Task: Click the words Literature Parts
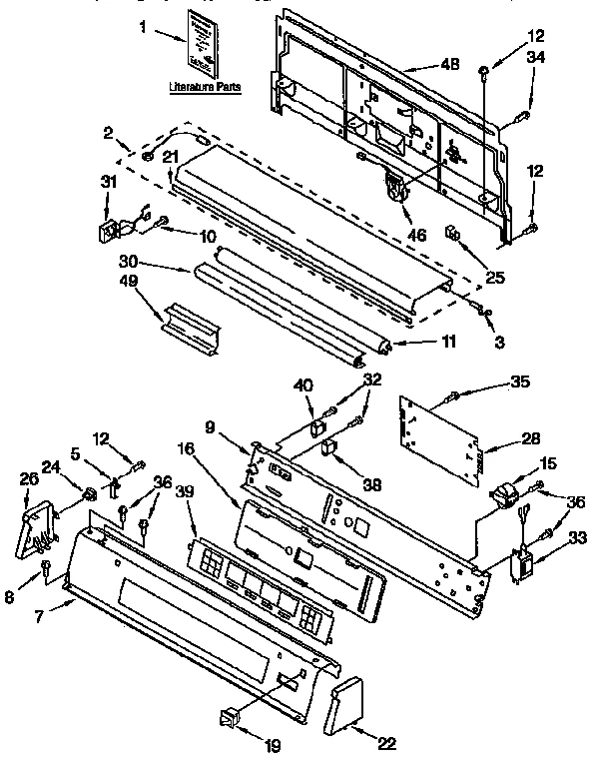point(204,87)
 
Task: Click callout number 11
point(448,342)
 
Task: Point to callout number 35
point(520,381)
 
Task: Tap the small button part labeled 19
point(231,717)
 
